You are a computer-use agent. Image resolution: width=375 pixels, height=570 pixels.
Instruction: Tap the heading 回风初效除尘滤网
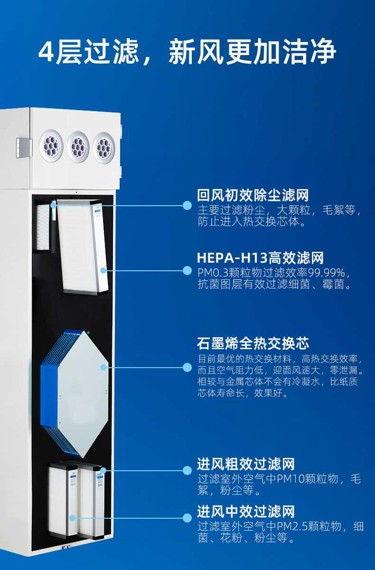[x=253, y=195]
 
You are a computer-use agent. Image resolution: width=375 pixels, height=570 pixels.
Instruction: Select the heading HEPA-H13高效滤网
[x=260, y=258]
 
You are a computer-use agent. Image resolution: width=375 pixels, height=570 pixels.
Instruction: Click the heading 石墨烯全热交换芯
[x=253, y=343]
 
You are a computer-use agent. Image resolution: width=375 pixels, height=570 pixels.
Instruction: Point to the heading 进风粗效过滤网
[x=246, y=464]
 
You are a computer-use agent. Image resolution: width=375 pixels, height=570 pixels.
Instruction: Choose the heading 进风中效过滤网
[x=246, y=512]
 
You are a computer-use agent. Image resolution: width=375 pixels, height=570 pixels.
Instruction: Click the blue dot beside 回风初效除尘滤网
[x=187, y=206]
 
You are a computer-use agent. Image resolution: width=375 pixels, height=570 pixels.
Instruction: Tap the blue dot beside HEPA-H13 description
[x=187, y=271]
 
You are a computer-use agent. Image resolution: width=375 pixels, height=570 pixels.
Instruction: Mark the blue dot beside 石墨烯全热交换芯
[x=187, y=367]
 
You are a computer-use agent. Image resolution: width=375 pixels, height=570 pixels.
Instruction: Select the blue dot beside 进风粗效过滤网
[x=187, y=470]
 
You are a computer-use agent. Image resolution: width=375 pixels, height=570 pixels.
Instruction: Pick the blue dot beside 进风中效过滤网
[x=187, y=518]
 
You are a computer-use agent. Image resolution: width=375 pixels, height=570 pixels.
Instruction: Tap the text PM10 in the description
[x=310, y=479]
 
